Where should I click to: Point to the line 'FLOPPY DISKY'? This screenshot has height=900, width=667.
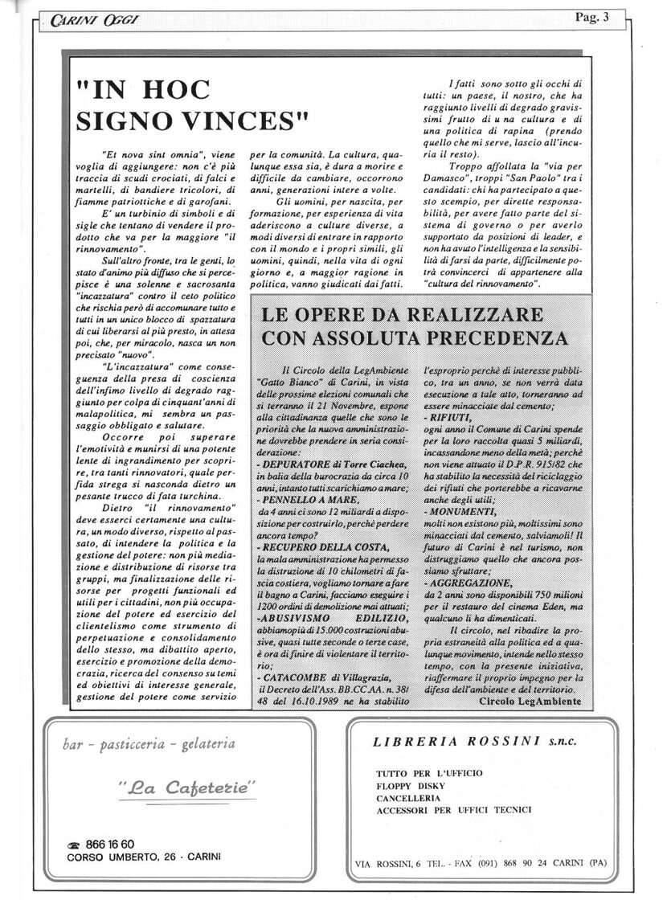(411, 787)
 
